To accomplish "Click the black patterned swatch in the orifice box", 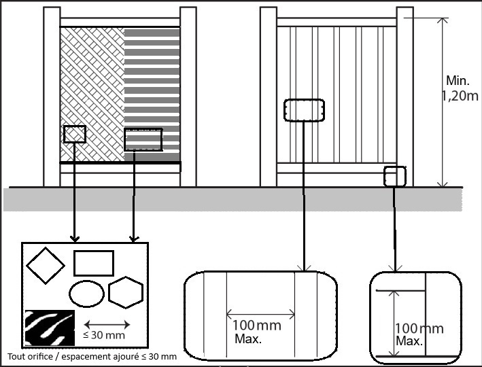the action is pos(50,328).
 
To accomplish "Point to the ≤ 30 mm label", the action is pos(104,335).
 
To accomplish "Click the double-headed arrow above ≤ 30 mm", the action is pos(107,324).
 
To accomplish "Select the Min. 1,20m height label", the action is pos(460,88).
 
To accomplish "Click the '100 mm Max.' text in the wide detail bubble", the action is pos(257,332).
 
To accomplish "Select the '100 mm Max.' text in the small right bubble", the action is pos(419,334).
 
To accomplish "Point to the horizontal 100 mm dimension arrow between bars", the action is pos(260,315).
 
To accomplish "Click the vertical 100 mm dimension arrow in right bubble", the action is pos(394,324).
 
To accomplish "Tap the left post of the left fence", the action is pos(52,97).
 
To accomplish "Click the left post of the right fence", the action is pos(269,97).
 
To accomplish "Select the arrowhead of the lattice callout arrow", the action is pos(75,239).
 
